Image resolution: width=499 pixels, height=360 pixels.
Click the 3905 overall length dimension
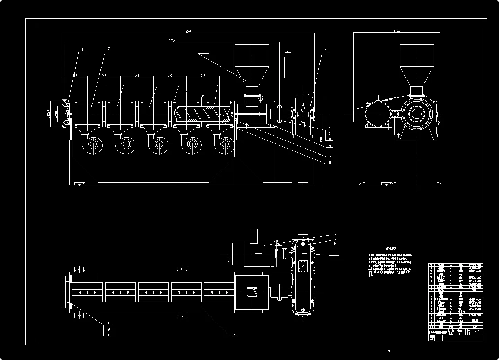(x=188, y=32)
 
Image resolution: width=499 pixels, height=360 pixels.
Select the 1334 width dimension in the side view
(x=397, y=31)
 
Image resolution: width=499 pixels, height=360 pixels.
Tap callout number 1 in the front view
(x=82, y=49)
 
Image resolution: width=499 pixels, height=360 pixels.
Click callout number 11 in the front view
(x=330, y=162)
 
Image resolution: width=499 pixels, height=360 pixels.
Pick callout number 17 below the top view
(x=234, y=334)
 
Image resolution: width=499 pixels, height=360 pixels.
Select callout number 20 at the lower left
(x=108, y=335)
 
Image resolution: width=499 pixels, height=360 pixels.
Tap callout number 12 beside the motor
(x=335, y=233)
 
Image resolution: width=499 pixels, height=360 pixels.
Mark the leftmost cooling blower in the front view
(x=93, y=144)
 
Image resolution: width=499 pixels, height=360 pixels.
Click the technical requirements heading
(x=392, y=248)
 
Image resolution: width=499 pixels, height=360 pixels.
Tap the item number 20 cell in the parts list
(x=431, y=265)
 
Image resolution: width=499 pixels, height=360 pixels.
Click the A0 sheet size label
(x=389, y=351)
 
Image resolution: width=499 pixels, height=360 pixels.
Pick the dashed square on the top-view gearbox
(x=304, y=267)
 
